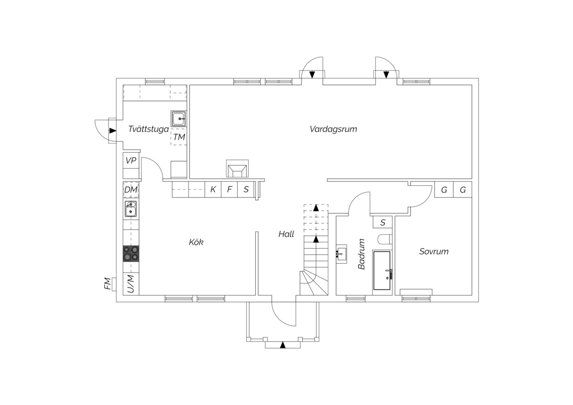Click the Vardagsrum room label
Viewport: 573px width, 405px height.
(333, 129)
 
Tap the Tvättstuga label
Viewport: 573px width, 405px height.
(148, 129)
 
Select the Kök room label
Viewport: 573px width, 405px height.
(196, 242)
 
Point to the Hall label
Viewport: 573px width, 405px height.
(286, 234)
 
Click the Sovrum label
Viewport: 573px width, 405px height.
(434, 252)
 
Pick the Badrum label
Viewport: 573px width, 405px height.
(361, 254)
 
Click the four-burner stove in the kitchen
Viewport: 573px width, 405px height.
(131, 253)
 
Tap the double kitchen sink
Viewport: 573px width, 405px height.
(131, 209)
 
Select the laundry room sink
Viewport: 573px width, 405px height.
(178, 119)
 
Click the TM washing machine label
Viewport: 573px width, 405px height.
(179, 137)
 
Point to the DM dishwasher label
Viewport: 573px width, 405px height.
(131, 190)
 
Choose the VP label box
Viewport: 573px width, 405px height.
(131, 160)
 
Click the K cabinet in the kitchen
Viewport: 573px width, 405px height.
(213, 189)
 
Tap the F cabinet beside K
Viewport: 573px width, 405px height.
(229, 189)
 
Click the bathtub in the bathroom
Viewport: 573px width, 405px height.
(382, 270)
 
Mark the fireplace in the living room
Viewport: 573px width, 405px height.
(237, 169)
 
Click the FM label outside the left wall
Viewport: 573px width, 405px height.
(108, 284)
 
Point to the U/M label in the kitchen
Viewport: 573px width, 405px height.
(131, 284)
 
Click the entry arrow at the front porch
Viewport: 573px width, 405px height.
(283, 345)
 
